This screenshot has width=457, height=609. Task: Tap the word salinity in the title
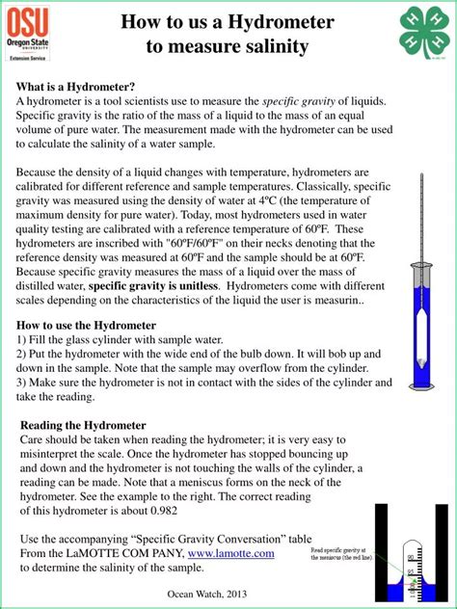(x=276, y=45)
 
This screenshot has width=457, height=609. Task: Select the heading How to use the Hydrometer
(x=86, y=325)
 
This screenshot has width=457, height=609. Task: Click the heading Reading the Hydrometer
(x=83, y=425)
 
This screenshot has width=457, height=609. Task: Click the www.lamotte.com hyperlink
(x=230, y=553)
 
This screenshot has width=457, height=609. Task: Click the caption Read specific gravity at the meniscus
(x=342, y=556)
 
